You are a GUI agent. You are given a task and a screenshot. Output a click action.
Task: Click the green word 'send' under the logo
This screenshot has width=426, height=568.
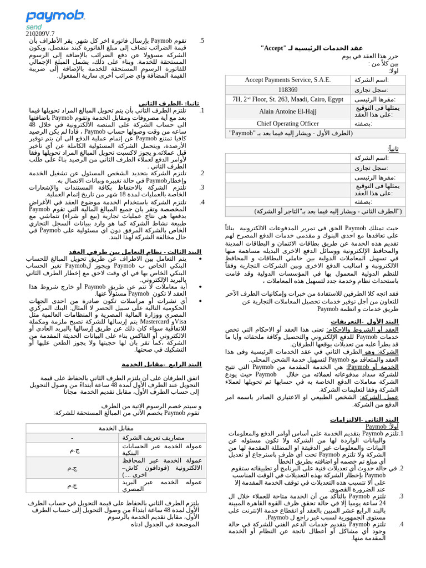pyautogui.click(x=34, y=27)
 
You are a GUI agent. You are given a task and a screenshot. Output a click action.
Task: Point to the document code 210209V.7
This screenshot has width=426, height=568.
pyautogui.click(x=40, y=34)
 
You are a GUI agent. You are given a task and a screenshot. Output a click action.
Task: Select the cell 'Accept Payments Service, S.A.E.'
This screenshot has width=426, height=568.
pyautogui.click(x=287, y=80)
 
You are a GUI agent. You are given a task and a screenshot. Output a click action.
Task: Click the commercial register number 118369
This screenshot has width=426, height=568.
pyautogui.click(x=287, y=90)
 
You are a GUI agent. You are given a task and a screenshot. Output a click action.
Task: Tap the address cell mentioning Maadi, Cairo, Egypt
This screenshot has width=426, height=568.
pyautogui.click(x=287, y=99)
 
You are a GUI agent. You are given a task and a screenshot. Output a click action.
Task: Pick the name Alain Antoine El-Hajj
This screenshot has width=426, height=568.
pyautogui.click(x=287, y=111)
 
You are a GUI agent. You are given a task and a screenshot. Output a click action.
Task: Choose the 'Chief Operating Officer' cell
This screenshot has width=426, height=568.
pyautogui.click(x=287, y=124)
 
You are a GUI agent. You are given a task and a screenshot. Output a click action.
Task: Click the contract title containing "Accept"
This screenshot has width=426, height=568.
pyautogui.click(x=311, y=48)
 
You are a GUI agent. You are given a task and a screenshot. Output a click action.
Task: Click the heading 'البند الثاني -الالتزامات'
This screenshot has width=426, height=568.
pyautogui.click(x=364, y=419)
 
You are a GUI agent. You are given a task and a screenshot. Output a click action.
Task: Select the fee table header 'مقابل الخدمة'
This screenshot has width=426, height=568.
pyautogui.click(x=116, y=428)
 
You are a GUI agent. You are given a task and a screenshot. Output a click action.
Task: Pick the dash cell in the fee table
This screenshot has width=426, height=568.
pyautogui.click(x=72, y=438)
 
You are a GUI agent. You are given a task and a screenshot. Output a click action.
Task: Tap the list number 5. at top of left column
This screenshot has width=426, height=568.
pyautogui.click(x=202, y=40)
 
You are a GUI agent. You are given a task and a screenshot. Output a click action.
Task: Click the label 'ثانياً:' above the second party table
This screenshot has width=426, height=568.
pyautogui.click(x=393, y=149)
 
